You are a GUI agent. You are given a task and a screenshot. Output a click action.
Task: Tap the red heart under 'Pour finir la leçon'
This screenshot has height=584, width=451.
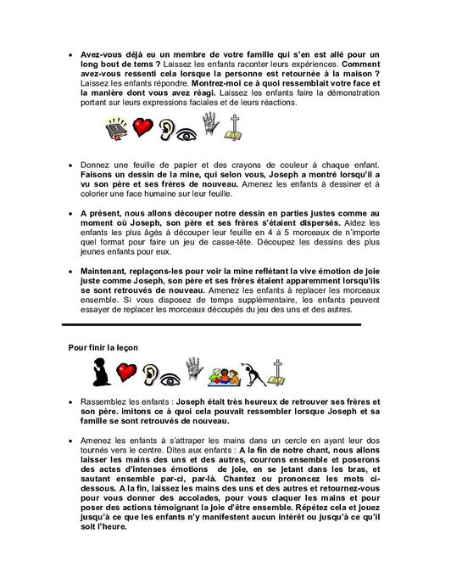(126, 373)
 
